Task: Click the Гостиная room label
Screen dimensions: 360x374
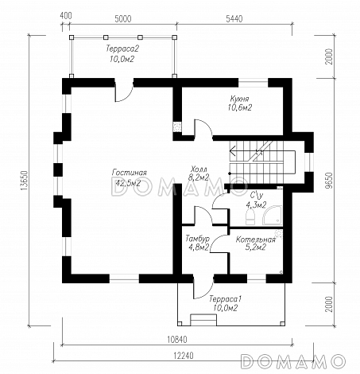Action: [130, 173]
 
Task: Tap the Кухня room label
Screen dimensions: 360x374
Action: [239, 99]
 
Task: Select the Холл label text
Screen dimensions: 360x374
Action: [199, 169]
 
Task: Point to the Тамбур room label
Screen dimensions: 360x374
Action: [197, 238]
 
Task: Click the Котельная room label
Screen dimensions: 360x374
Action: [256, 240]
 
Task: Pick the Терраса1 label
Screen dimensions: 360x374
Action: [225, 299]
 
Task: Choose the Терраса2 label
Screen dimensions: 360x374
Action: [122, 49]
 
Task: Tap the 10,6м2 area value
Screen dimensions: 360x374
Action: [239, 107]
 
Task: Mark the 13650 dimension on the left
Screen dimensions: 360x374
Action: [24, 181]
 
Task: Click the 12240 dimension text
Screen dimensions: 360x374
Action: [184, 355]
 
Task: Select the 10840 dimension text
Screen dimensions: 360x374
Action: [177, 339]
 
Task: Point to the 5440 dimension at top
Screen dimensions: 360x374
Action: [234, 19]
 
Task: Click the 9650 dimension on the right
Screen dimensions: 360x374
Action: [329, 181]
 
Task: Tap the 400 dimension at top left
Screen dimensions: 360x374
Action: [66, 16]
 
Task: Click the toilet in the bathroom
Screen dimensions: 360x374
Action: [250, 216]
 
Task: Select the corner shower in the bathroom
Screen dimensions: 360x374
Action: [272, 216]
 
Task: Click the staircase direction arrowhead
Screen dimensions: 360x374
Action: [232, 152]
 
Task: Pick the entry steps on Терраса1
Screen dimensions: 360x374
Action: [203, 320]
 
